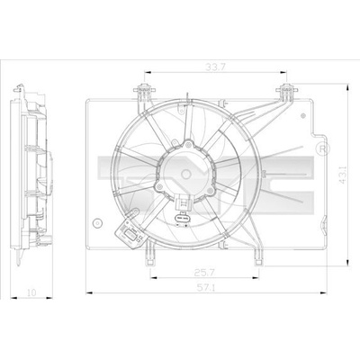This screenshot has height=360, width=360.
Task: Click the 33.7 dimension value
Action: (x=215, y=67)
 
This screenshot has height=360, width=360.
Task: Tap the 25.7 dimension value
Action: (x=204, y=273)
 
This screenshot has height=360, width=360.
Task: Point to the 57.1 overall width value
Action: (x=206, y=288)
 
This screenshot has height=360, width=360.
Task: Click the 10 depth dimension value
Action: (x=31, y=292)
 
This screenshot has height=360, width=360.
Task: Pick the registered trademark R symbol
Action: (x=323, y=148)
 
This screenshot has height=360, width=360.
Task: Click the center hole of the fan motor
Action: (x=186, y=174)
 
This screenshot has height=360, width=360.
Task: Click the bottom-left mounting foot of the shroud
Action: (x=150, y=255)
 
